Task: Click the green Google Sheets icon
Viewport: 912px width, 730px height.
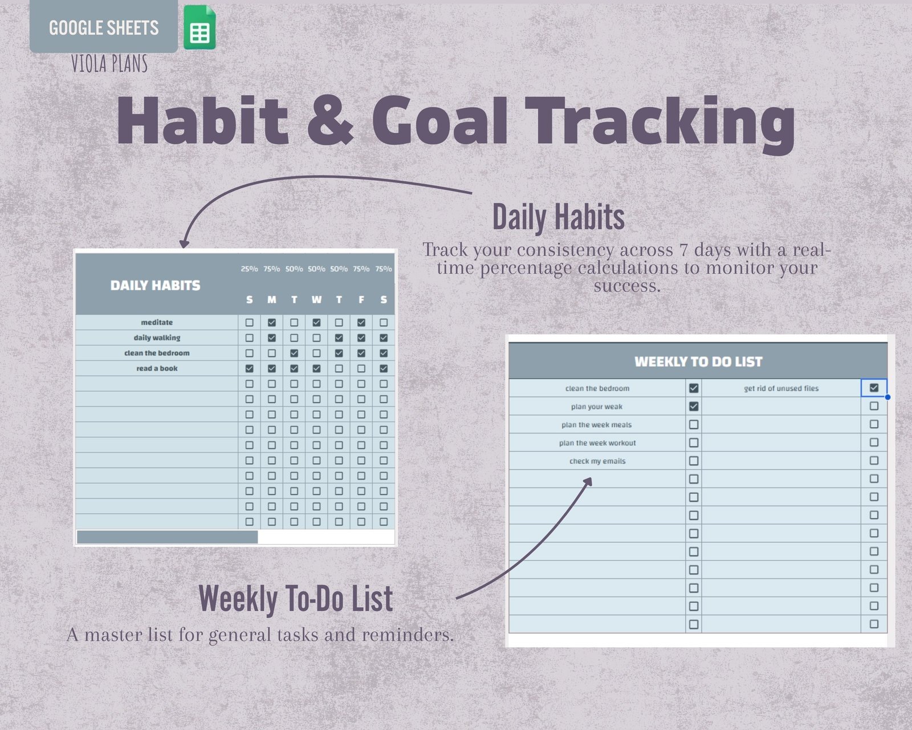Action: click(x=199, y=27)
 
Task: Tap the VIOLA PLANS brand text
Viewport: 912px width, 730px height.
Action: click(x=109, y=64)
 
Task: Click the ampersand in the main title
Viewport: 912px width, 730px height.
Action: click(x=330, y=121)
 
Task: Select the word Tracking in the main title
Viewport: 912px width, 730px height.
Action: click(x=660, y=125)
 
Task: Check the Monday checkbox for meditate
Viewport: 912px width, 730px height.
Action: click(x=272, y=322)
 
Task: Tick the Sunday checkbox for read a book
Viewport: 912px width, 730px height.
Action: click(x=249, y=368)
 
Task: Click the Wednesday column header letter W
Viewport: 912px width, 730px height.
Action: click(x=316, y=300)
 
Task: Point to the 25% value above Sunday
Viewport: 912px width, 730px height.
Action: click(x=249, y=269)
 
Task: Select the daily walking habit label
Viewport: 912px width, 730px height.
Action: click(x=157, y=338)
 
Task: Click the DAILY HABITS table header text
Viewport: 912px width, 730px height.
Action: click(x=155, y=286)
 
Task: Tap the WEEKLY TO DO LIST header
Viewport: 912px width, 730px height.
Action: click(x=698, y=362)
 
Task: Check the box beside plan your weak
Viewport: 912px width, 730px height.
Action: click(x=694, y=407)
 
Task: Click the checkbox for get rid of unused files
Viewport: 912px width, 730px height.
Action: click(x=874, y=388)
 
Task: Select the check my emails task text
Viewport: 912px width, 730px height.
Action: click(x=597, y=461)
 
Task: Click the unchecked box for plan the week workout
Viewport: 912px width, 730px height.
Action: click(x=694, y=443)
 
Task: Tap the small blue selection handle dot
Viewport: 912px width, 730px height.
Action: click(x=888, y=398)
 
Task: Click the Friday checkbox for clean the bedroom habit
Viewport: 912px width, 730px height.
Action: click(x=361, y=353)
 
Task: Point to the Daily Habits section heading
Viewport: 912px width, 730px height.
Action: click(x=558, y=217)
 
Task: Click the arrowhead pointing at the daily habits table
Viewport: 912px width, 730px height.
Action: click(x=184, y=244)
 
